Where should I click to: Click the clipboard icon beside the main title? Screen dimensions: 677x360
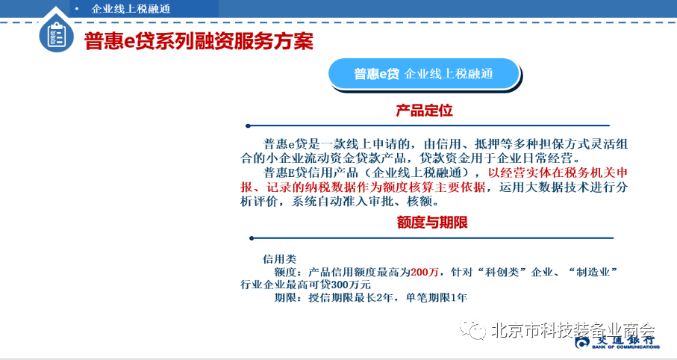tap(56, 35)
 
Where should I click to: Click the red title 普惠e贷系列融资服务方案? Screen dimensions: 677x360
tap(199, 41)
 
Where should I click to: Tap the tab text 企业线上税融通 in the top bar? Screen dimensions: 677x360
tap(131, 9)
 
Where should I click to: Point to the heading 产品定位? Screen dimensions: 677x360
tap(424, 111)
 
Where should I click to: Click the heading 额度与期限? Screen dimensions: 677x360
tap(432, 223)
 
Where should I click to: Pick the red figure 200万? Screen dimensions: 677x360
tap(425, 273)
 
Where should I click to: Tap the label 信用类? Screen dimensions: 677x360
tap(280, 259)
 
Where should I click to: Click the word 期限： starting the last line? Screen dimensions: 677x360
tap(289, 298)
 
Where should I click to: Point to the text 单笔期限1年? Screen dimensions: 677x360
tap(437, 298)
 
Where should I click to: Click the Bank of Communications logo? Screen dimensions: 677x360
tap(617, 342)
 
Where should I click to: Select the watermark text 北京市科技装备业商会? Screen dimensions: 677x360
tap(573, 331)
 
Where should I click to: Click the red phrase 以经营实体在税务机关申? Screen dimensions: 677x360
tap(558, 173)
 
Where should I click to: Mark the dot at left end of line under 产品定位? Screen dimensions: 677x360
tap(248, 125)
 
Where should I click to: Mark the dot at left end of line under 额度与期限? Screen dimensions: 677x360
tap(252, 238)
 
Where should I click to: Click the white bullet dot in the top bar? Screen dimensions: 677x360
tap(77, 9)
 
